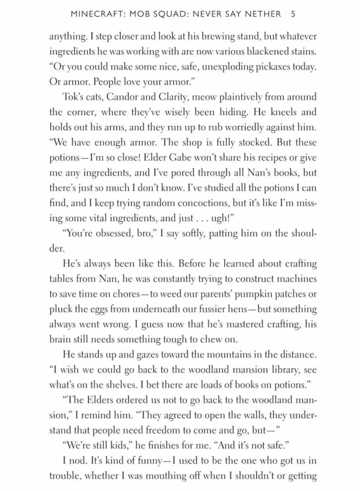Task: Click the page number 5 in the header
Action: (293, 14)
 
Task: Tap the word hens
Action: (243, 309)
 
